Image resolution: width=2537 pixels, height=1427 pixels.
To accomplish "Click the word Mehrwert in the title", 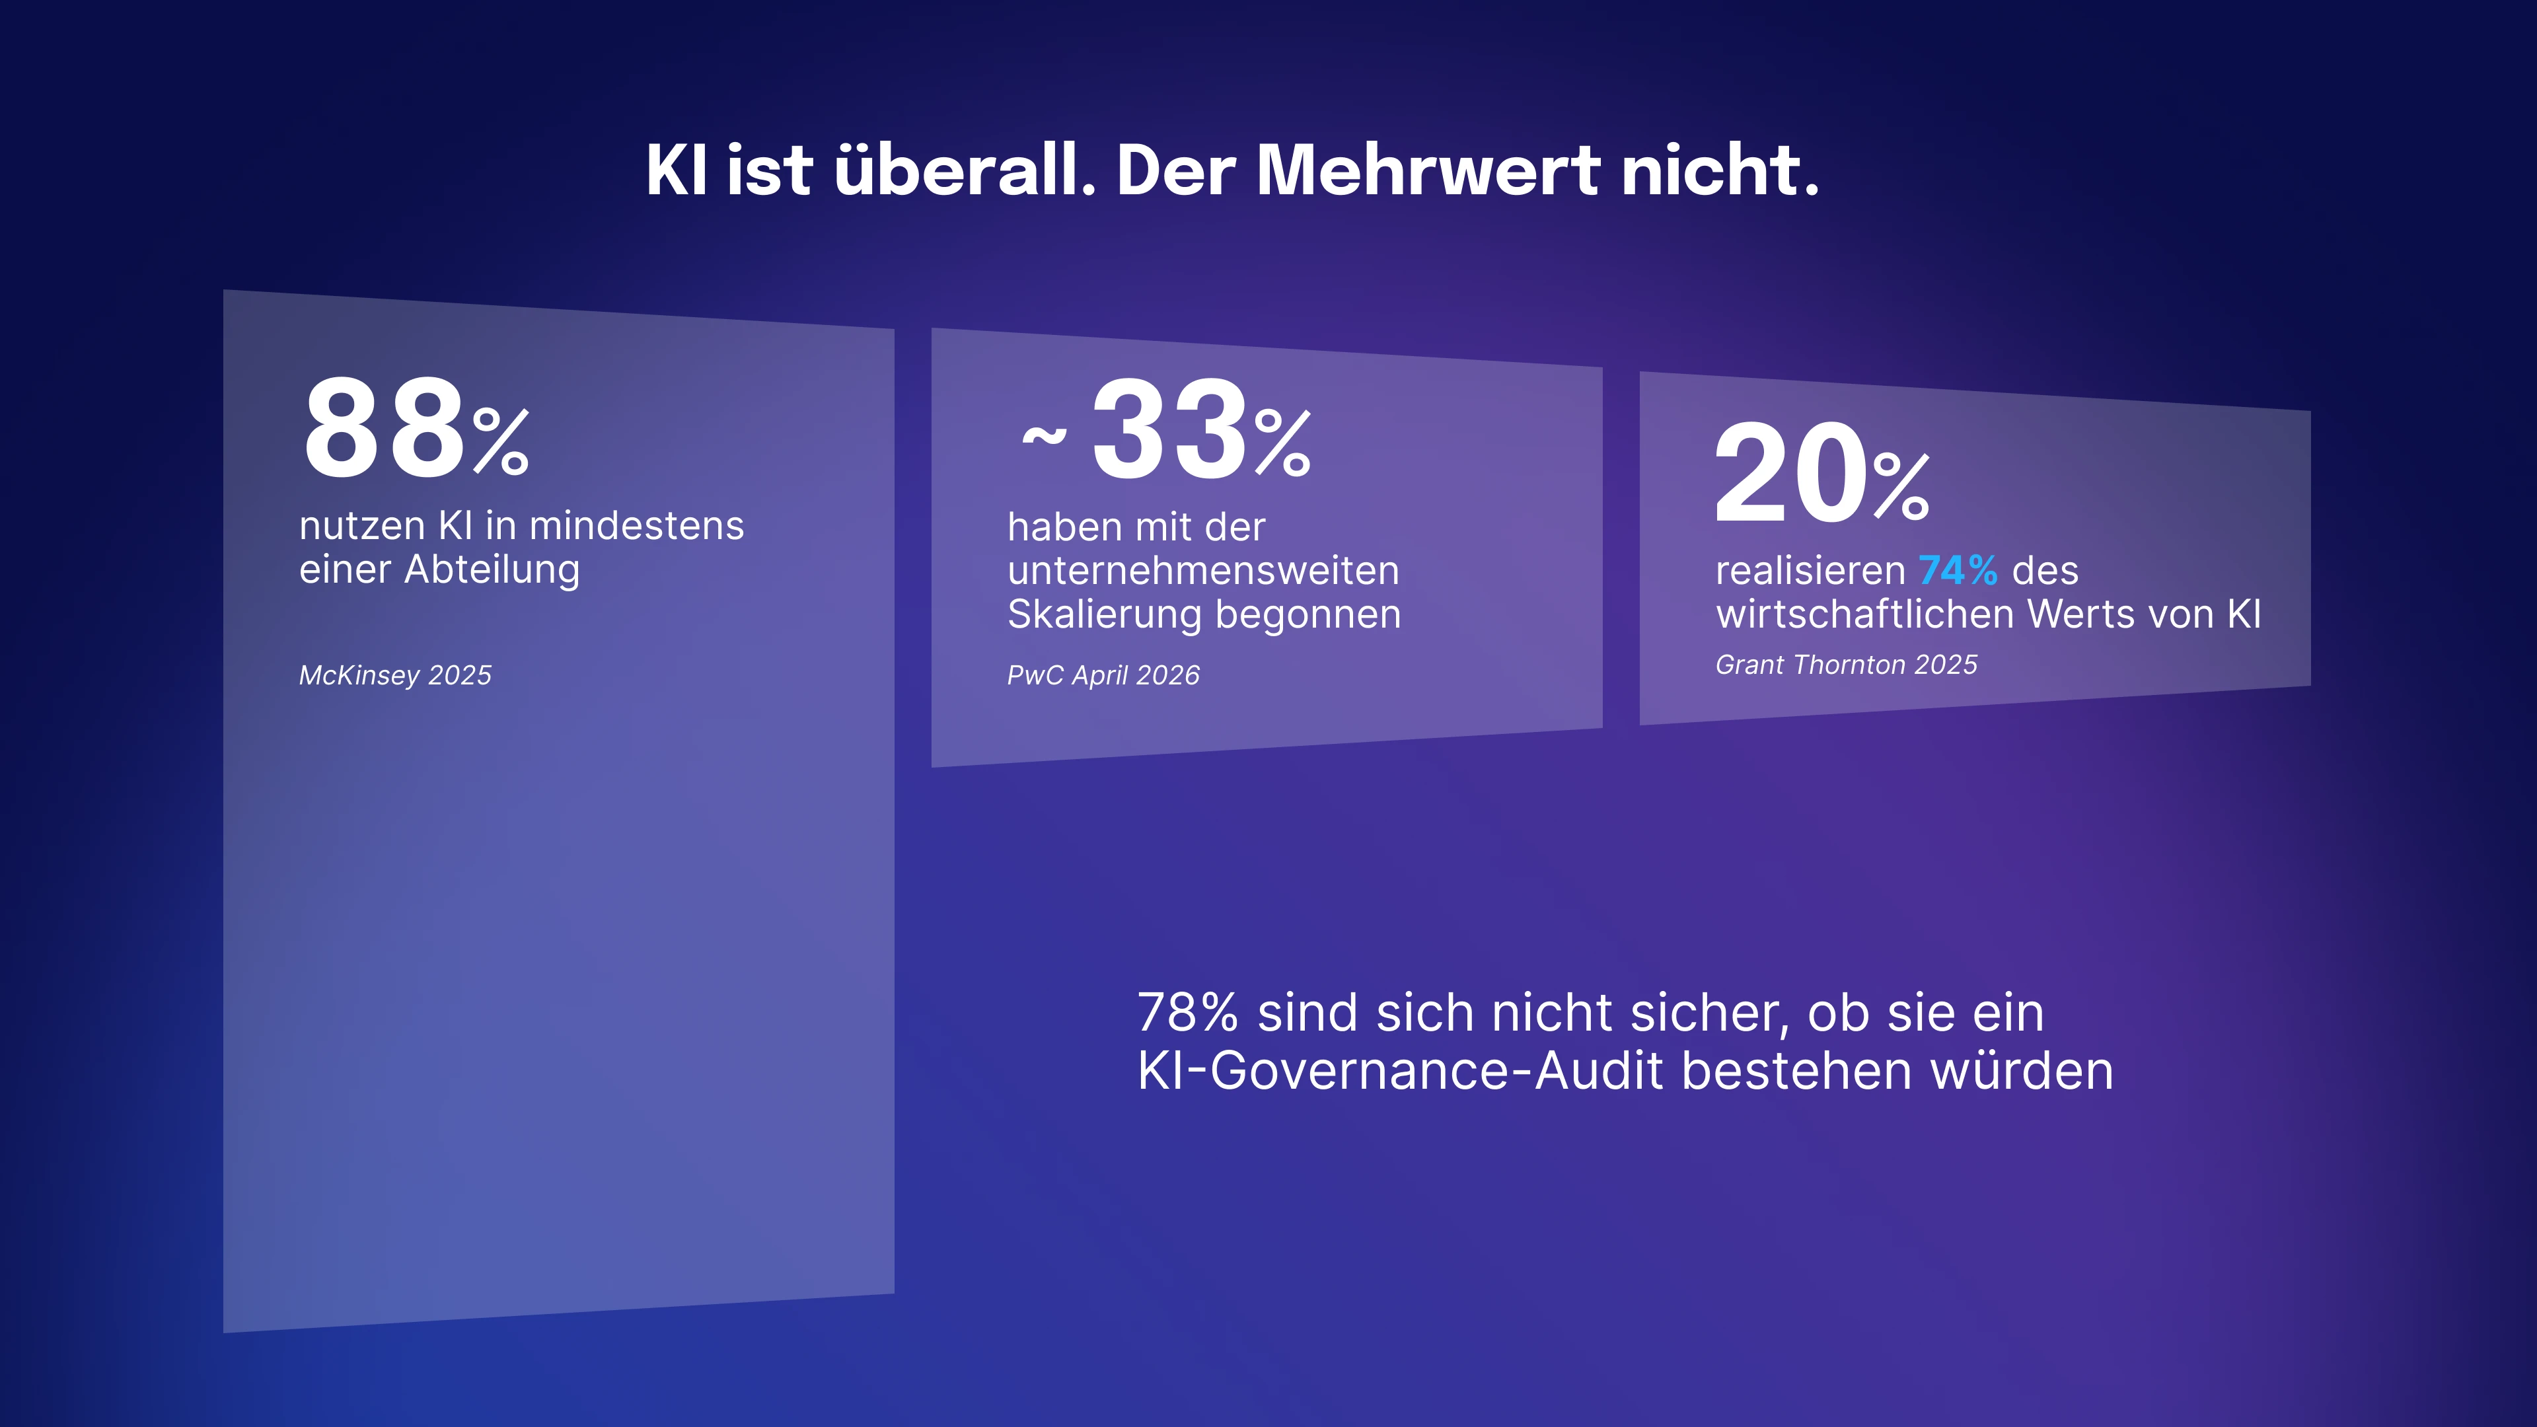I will (x=1427, y=170).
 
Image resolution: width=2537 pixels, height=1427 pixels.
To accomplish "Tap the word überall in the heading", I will (x=964, y=170).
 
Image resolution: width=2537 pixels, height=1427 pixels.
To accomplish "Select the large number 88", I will (x=383, y=430).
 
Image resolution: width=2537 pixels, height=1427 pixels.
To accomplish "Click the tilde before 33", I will (x=1044, y=434).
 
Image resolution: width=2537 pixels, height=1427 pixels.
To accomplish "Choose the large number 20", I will (x=1790, y=474).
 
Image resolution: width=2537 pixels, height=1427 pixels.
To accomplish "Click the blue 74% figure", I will (x=1957, y=570).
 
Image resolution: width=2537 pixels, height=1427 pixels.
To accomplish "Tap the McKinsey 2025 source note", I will (x=395, y=676).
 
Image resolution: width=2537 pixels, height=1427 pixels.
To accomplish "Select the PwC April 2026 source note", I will (x=1103, y=676).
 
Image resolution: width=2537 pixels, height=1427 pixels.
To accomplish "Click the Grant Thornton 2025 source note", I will (x=1846, y=665).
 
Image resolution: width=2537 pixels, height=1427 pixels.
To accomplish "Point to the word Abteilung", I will (x=492, y=570).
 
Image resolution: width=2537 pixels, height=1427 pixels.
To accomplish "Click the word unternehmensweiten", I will (x=1202, y=571).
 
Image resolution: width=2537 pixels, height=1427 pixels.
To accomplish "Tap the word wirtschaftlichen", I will (x=1864, y=614).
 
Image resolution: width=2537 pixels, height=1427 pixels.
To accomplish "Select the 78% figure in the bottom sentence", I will (x=1187, y=1013).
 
